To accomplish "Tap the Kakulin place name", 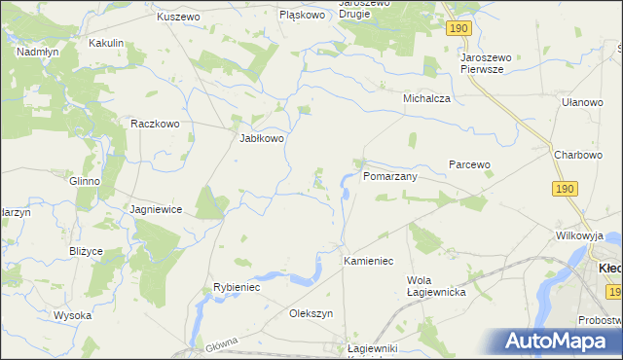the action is pos(106,43).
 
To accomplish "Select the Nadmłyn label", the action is pos(38,52).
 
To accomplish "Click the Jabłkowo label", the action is pos(262,138).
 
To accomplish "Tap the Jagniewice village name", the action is pos(157,209).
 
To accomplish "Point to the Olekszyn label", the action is pos(311,313).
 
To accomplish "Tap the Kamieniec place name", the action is pos(368,262).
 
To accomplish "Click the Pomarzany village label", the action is pos(390,177).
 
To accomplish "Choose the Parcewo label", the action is pos(468,164).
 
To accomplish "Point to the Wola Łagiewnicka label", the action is pos(436,286).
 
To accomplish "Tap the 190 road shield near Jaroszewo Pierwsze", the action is pos(460,30).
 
